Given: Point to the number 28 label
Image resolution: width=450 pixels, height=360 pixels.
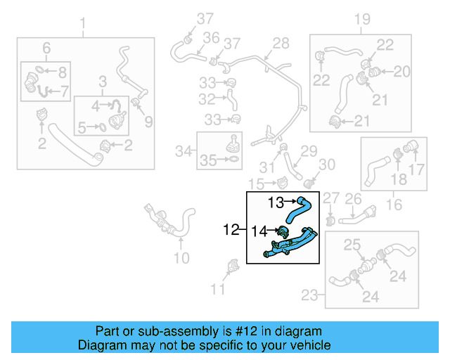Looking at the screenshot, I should click(x=281, y=44).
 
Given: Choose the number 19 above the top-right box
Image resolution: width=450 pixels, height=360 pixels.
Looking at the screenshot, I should click(x=361, y=19).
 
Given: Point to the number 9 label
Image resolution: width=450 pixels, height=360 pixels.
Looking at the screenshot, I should click(x=148, y=122).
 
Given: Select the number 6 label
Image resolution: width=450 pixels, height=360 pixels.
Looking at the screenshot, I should click(x=46, y=48).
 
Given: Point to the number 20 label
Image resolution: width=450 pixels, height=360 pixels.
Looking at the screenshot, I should click(x=401, y=71).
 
